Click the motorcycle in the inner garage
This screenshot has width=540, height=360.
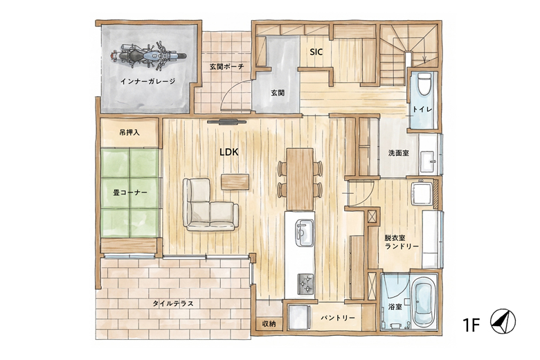(x=148, y=55)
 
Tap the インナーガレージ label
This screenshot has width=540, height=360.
(x=147, y=81)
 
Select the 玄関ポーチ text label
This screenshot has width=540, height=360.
(x=227, y=66)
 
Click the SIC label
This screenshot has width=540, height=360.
(x=316, y=52)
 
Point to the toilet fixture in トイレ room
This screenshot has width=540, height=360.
(x=424, y=82)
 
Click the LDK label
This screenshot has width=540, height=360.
(x=229, y=152)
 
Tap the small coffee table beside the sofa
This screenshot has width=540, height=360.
(x=235, y=181)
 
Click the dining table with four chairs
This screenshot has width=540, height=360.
(x=300, y=179)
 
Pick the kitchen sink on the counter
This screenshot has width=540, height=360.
(x=305, y=233)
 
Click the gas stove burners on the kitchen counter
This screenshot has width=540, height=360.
(x=305, y=284)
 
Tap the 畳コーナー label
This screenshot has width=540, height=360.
(x=130, y=192)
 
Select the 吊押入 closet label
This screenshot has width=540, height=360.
(x=129, y=132)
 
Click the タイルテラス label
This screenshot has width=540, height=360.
(x=173, y=303)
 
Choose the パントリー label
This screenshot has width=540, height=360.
(x=338, y=318)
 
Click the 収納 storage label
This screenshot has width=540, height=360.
(x=269, y=324)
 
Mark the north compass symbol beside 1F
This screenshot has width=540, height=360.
(x=503, y=321)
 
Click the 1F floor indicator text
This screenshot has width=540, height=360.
(x=471, y=325)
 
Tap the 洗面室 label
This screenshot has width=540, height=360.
(x=399, y=153)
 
